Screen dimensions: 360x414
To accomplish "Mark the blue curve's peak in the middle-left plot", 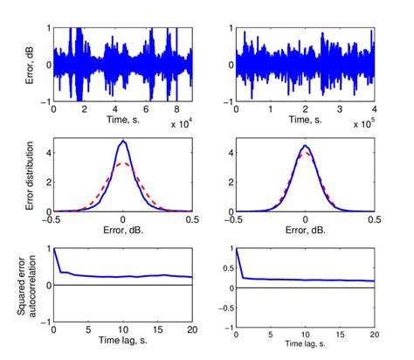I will pyautogui.click(x=124, y=141).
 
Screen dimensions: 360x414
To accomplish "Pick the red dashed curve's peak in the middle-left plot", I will pyautogui.click(x=124, y=163).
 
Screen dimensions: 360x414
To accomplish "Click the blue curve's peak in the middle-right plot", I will pyautogui.click(x=305, y=145).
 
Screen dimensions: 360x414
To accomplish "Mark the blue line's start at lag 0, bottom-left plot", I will pyautogui.click(x=54, y=249).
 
